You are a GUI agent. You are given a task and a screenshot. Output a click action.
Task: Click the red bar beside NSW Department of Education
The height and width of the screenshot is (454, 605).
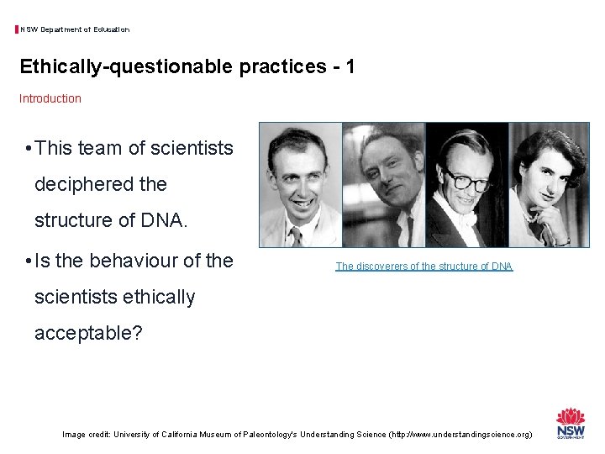click(17, 29)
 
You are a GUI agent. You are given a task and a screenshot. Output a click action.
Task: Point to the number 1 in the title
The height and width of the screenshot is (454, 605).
click(348, 66)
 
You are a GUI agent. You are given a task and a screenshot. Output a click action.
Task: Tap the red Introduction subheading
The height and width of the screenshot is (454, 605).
click(50, 98)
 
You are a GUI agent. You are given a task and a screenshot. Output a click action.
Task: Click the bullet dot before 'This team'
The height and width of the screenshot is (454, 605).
click(29, 150)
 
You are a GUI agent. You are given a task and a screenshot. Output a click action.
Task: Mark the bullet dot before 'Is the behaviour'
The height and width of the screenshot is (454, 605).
click(29, 261)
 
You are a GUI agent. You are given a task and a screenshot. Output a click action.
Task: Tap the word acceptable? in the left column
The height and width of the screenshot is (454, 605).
click(88, 333)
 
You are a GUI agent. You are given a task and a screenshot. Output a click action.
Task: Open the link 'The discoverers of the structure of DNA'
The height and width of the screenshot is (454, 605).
click(423, 267)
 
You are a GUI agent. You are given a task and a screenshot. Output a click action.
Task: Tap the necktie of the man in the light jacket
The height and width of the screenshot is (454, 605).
click(297, 235)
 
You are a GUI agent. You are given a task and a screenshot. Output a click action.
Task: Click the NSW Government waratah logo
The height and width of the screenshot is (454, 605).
click(571, 423)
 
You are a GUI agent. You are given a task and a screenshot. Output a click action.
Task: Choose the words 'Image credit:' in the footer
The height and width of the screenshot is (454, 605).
click(87, 435)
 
